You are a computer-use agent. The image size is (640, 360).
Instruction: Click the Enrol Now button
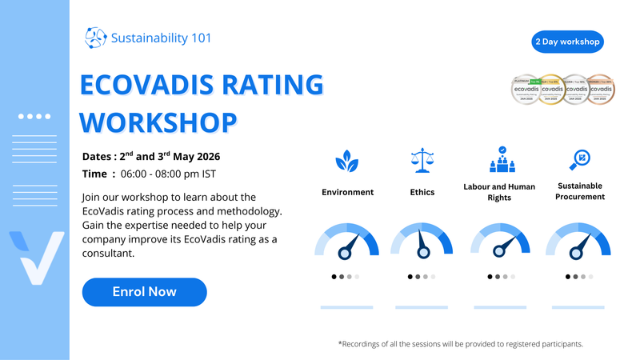(x=144, y=292)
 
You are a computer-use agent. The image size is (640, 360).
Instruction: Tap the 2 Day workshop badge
(x=566, y=41)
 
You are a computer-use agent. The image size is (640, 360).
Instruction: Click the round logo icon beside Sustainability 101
(x=95, y=38)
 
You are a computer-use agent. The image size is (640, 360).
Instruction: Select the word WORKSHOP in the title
(x=160, y=122)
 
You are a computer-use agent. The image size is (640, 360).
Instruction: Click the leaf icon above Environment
(x=346, y=162)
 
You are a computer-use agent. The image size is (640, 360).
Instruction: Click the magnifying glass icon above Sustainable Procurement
(x=578, y=160)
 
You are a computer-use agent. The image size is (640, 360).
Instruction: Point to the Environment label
(x=347, y=192)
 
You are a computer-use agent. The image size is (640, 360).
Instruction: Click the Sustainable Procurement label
(x=578, y=191)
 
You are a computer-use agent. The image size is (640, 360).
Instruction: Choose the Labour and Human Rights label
(x=498, y=192)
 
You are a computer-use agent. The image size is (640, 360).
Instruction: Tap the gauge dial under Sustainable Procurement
(x=577, y=241)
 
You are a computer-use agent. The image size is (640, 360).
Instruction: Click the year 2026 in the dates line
(x=204, y=156)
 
